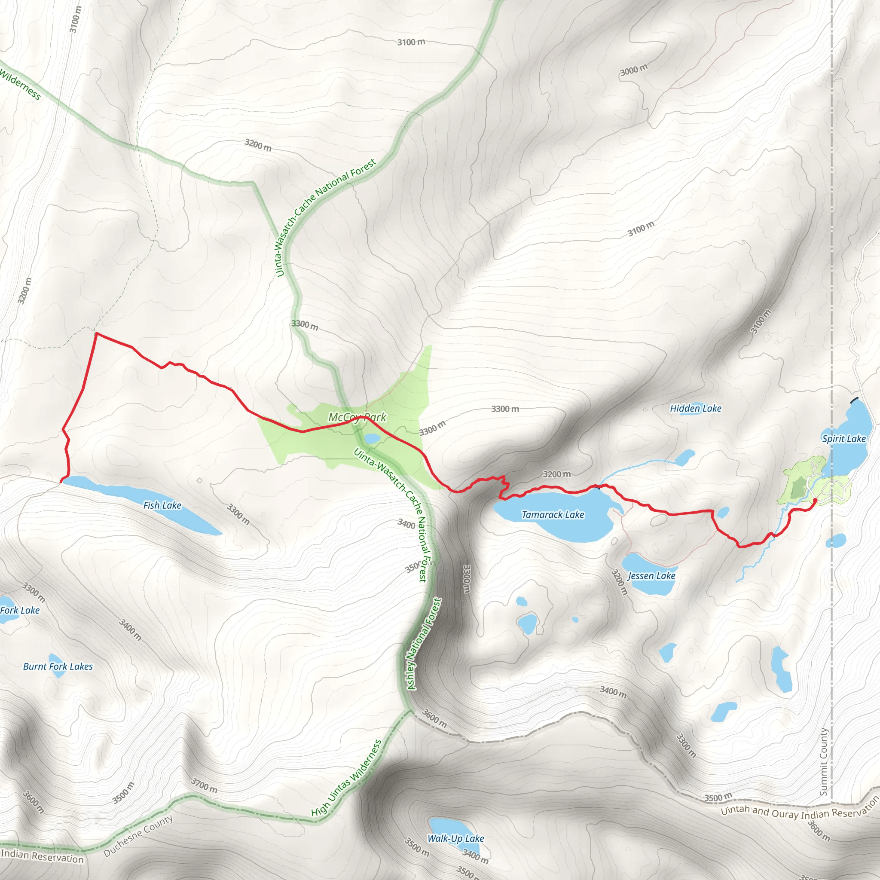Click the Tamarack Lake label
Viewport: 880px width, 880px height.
553,515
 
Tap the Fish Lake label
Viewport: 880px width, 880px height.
162,505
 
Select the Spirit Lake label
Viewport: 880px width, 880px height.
843,439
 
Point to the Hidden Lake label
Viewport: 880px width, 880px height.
696,409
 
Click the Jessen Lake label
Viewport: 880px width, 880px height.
651,576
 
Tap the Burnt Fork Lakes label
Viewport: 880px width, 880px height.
58,666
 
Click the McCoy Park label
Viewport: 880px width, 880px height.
357,417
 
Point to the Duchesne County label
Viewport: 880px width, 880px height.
138,836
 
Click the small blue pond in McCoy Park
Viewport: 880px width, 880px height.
372,438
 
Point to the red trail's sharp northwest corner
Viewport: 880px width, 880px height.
96,333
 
